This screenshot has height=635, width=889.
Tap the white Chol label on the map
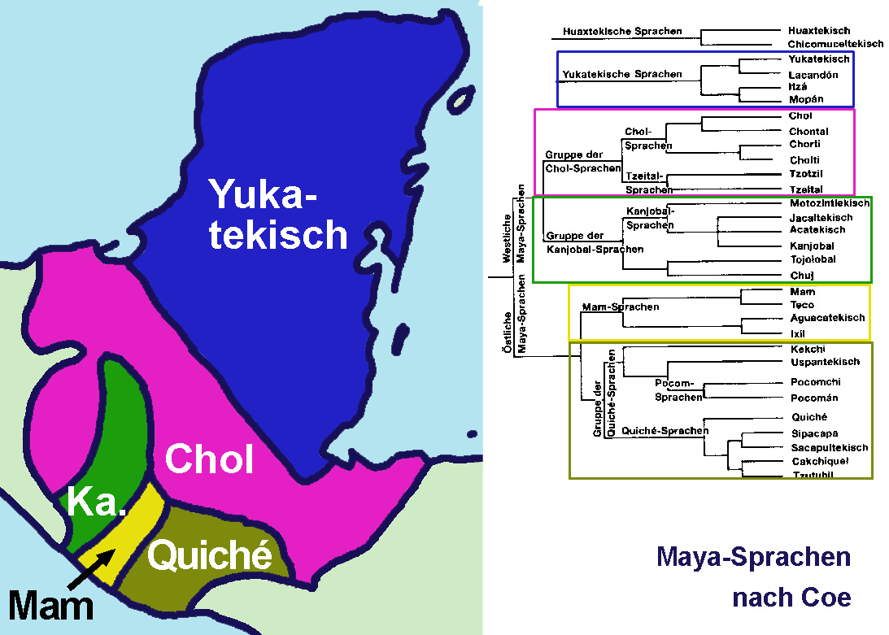point(209,459)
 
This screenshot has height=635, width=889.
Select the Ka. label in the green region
point(97,504)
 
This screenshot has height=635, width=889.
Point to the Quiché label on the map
point(209,556)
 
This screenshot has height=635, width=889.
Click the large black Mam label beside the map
point(50,606)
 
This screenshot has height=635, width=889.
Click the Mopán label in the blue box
point(806,99)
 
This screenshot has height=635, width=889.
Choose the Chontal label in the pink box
point(808,132)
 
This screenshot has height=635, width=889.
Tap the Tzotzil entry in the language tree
point(808,174)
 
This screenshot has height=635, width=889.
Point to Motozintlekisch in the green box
point(829,203)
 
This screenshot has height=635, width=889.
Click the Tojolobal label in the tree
point(813,259)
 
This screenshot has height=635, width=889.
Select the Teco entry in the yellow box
point(802,305)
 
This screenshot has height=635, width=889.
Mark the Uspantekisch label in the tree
point(825,362)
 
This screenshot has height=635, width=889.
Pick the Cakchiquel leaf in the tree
point(821,461)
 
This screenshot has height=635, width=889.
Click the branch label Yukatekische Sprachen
point(622,75)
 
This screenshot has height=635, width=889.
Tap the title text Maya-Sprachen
point(753,558)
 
